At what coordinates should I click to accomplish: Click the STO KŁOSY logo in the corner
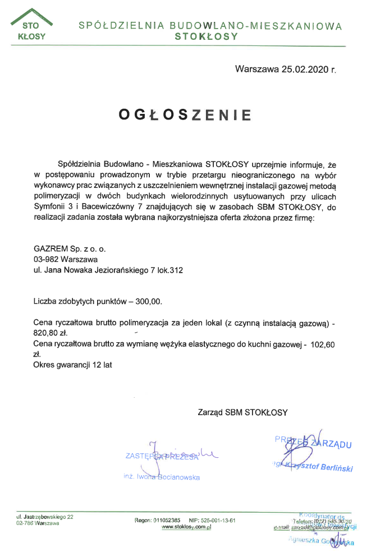point(31,26)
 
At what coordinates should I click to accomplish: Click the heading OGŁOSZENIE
point(185,114)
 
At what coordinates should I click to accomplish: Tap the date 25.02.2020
point(304,70)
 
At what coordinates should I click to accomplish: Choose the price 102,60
point(322,345)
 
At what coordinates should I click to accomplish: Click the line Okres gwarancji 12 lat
point(73,365)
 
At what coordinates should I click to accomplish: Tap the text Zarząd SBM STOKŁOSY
point(242,412)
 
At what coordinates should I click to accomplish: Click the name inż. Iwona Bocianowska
point(162,477)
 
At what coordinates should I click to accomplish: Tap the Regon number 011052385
point(165,520)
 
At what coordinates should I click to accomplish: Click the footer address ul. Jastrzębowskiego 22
point(45,517)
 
